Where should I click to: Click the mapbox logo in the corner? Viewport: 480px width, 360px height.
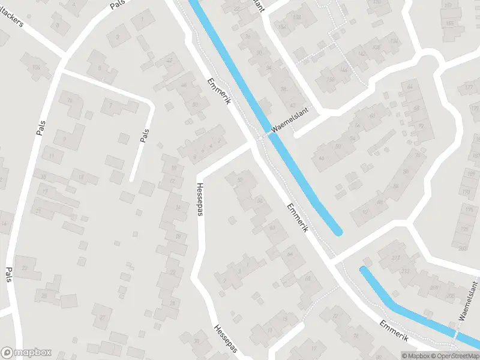tap(26, 353)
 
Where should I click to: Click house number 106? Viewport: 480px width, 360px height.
tap(37, 67)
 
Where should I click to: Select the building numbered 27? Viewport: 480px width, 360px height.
tap(103, 316)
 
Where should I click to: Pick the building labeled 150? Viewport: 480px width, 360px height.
tap(329, 80)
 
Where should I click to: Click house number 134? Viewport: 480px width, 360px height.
tap(394, 41)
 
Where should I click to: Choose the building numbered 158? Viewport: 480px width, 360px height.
tap(296, 17)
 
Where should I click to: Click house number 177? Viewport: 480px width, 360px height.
tap(469, 89)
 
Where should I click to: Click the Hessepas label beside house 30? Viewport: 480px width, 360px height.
tap(226, 340)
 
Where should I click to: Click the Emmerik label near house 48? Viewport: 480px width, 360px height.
tap(218, 92)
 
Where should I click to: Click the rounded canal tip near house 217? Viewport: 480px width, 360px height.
tap(364, 271)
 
